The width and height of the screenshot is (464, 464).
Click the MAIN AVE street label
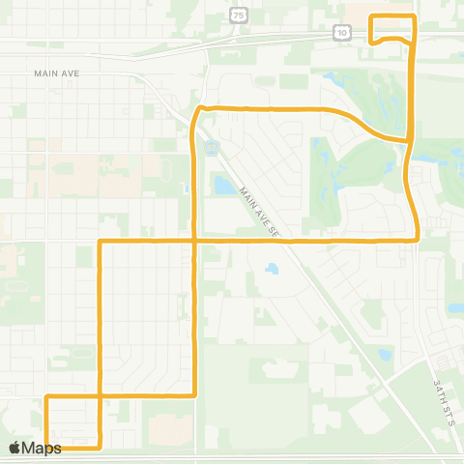[54, 72]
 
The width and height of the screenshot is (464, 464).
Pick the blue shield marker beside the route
[211, 148]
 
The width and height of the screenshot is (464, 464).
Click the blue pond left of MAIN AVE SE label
[223, 184]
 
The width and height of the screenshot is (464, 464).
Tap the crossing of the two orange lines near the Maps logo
[101, 396]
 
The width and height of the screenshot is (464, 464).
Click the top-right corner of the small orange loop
[414, 17]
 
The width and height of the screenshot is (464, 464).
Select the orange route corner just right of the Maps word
[101, 447]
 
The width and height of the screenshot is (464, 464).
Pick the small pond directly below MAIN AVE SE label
[273, 268]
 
